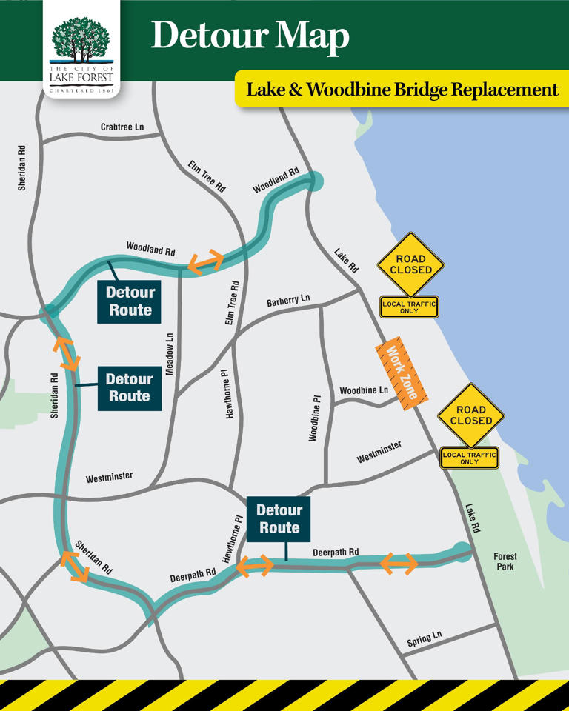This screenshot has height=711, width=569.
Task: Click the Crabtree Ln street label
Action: (x=122, y=127)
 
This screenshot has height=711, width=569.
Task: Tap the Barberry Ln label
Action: (x=288, y=301)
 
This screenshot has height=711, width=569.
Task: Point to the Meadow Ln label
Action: (x=170, y=354)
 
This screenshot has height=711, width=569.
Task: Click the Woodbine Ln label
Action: (x=363, y=390)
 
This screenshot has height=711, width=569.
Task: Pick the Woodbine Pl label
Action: (x=314, y=419)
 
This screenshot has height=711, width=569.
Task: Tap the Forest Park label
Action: (x=505, y=561)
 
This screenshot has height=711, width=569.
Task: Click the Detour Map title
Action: (x=250, y=36)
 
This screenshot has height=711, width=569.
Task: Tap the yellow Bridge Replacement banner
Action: (x=402, y=90)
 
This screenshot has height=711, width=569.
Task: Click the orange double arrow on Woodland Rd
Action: (x=206, y=261)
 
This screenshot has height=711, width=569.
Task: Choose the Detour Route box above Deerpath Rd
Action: (x=279, y=519)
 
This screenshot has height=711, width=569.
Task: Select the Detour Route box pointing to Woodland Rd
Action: (x=130, y=301)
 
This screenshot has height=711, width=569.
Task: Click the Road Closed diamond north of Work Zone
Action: (x=410, y=265)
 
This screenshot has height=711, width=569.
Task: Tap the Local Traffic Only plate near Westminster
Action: (x=469, y=458)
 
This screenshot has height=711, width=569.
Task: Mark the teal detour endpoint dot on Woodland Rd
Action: (x=315, y=180)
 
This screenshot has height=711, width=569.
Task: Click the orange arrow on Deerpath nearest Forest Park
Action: (x=399, y=564)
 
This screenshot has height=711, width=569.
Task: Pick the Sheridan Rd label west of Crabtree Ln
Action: (x=21, y=167)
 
